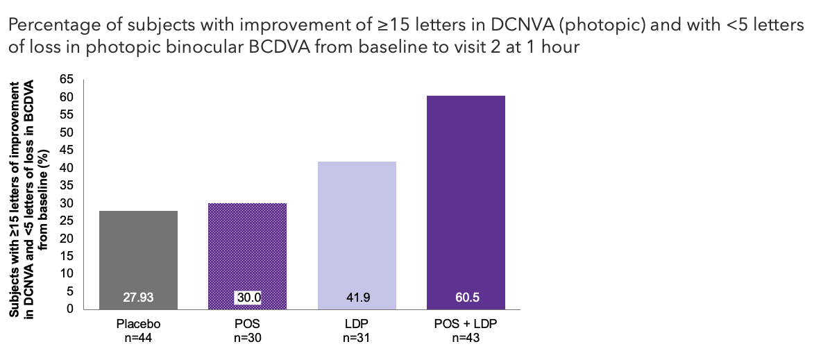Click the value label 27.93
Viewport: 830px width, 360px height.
[x=139, y=299]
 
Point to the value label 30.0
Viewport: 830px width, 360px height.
[x=248, y=299]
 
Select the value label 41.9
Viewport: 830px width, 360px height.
[x=357, y=299]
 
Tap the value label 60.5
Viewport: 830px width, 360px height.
[x=466, y=299]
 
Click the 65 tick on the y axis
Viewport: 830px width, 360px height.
[x=68, y=80]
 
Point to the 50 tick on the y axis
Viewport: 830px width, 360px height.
[x=68, y=132]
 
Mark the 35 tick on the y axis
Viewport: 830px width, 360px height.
[x=68, y=185]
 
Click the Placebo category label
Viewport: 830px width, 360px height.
[x=139, y=325]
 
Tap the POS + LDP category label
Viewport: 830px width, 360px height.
[x=466, y=325]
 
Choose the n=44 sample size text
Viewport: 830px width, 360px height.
[x=139, y=338]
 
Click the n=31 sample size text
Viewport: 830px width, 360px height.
[x=357, y=338]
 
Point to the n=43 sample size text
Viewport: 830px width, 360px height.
[x=466, y=338]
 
